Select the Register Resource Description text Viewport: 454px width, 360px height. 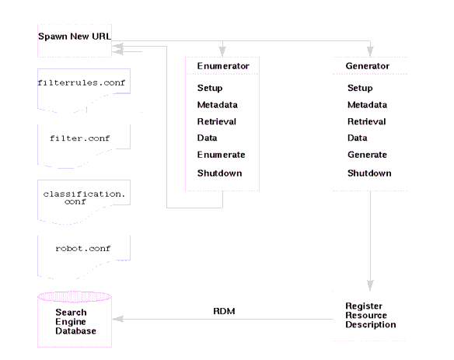371,314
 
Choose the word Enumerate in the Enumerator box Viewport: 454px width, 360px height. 220,156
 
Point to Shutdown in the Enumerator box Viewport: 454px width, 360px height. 218,173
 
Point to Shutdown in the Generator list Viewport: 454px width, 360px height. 368,173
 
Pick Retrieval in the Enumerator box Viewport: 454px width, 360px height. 217,122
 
